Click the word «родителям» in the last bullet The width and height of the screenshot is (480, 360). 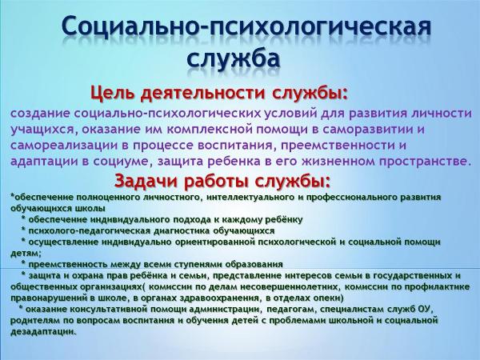tap(36, 320)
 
